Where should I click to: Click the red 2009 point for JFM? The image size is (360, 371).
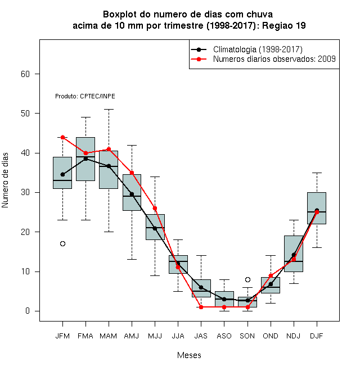point(62,137)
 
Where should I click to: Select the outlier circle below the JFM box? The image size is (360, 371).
point(62,244)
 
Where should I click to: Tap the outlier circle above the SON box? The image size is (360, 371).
point(247,280)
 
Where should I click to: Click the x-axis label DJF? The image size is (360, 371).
point(317,336)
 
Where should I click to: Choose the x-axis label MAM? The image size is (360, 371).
point(109,336)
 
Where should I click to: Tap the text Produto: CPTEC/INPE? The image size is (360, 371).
point(85,96)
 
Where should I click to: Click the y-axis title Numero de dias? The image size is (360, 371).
point(5,180)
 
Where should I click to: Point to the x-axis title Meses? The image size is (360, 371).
point(189,355)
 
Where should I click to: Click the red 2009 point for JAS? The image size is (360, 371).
point(201,307)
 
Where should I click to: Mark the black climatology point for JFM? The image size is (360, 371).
point(62,175)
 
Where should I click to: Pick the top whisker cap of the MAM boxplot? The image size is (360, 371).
point(109,109)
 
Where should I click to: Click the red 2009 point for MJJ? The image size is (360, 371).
point(155,209)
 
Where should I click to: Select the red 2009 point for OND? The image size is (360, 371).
point(271,275)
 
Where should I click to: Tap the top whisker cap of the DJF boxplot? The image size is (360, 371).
point(317,173)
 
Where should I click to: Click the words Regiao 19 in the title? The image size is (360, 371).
point(283,25)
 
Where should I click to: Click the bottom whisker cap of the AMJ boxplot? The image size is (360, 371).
point(132,259)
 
